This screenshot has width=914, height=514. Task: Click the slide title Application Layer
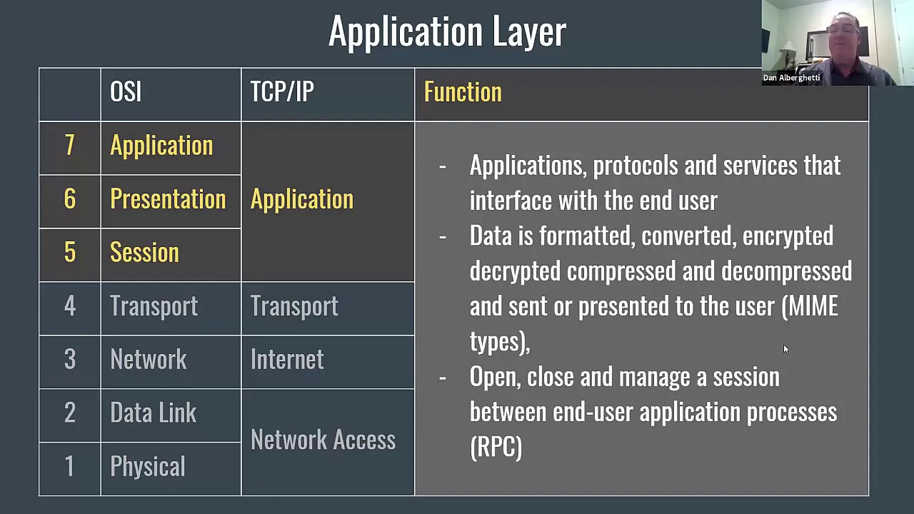pos(447,32)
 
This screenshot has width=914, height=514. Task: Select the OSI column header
pos(126,92)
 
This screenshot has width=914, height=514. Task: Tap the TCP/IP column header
pos(282,92)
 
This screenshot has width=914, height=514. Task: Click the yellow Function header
pos(463,92)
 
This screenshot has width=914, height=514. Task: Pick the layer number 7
pos(69,146)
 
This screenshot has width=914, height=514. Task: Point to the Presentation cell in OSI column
pos(168,199)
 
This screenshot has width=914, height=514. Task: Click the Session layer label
pos(144,253)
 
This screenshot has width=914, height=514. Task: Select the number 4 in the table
pos(69,306)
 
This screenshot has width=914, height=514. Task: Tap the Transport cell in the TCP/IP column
pos(294,306)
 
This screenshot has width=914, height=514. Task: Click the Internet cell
pos(287,360)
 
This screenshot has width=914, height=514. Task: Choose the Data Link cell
pos(153,413)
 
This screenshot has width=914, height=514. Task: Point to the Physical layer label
pos(147,467)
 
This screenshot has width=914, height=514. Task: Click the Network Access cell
pos(323,440)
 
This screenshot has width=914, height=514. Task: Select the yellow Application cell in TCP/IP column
pos(301,199)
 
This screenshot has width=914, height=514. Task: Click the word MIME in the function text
pos(813,306)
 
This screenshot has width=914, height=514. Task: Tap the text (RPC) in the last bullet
pos(496,448)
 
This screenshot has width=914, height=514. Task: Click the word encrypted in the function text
pos(788,236)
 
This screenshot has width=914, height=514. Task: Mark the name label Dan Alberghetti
pos(791,78)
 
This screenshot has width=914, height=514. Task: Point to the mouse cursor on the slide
pos(785,349)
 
